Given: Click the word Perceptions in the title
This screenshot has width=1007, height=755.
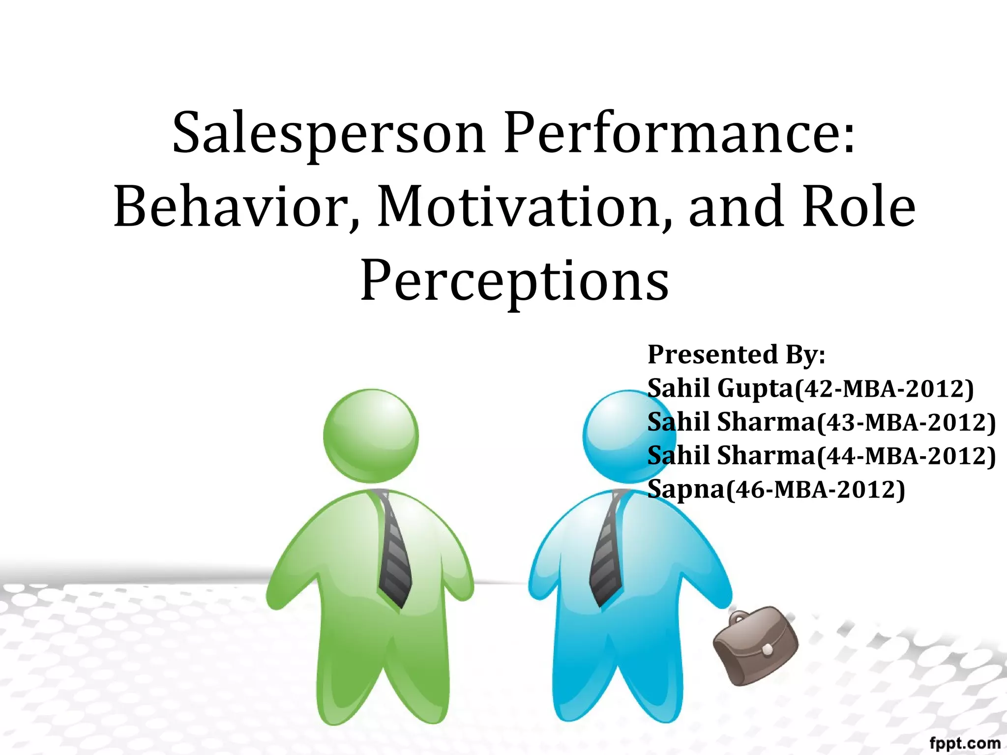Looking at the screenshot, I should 514,281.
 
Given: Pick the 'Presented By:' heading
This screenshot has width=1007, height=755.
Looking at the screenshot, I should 736,354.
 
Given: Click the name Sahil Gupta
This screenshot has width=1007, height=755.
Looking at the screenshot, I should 720,388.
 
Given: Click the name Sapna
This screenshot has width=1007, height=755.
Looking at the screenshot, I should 686,490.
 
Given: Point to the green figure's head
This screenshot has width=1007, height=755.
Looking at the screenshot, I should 371,436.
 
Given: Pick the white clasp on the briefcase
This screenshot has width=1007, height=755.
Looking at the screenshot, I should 767,650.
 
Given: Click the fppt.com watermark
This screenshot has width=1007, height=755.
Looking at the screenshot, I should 965,743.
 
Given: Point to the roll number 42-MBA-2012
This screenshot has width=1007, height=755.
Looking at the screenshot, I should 884,388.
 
